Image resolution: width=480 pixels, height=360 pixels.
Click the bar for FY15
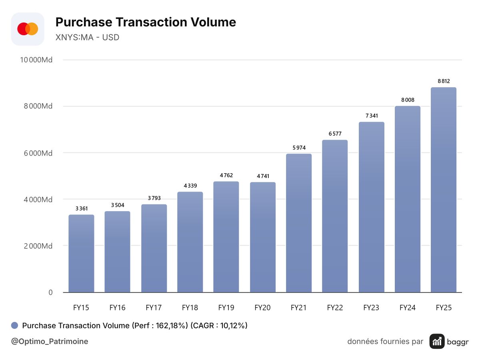coord(81,253)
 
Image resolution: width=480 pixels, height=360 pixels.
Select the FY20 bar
coord(263,237)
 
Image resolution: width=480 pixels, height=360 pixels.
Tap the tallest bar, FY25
coord(444,190)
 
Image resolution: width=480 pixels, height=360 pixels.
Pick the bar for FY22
coord(335,216)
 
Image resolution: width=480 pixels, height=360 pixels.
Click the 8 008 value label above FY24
coord(408,100)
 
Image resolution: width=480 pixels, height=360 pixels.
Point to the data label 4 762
coord(226,175)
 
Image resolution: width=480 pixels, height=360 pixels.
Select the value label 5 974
coord(299,148)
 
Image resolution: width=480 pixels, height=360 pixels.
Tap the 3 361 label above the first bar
coord(82,208)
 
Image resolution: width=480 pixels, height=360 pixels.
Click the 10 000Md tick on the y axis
coord(36,60)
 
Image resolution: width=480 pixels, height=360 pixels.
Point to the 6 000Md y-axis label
coord(38,153)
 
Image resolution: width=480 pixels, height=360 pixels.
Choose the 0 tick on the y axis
coord(50,292)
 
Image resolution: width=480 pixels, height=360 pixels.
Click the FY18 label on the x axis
coord(190,308)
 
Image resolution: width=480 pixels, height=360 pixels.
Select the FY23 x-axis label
coord(371,308)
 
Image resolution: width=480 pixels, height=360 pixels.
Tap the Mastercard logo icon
coord(28,29)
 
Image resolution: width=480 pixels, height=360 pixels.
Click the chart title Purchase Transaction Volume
coord(146,22)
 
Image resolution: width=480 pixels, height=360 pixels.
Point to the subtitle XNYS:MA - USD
coord(87,37)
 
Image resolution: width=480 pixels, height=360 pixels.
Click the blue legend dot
coord(15,325)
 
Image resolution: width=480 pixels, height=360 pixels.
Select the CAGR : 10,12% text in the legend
coord(219,326)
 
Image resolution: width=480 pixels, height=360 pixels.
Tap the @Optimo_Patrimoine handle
coord(50,341)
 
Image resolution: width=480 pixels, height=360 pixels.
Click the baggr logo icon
coord(437,341)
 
